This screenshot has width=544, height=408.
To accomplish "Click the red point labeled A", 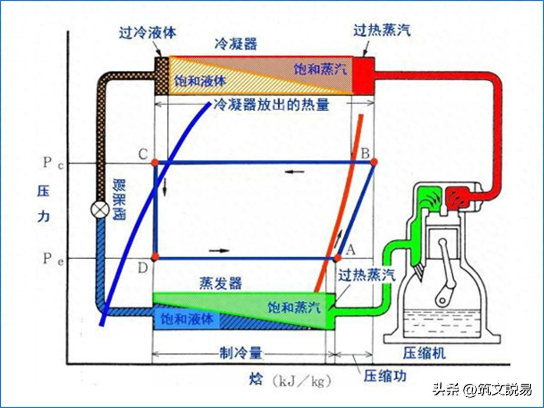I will point(337,258).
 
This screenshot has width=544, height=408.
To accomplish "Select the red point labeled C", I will point(155,162).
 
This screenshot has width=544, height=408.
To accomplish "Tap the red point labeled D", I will point(155,257).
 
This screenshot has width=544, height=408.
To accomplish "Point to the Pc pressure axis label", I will point(52,163).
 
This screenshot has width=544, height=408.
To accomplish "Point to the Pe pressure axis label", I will point(52,259).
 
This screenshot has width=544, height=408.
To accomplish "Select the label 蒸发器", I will point(221,283).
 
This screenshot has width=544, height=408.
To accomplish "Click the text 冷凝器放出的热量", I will point(271,105).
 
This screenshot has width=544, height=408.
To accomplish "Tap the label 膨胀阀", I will point(118,199).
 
